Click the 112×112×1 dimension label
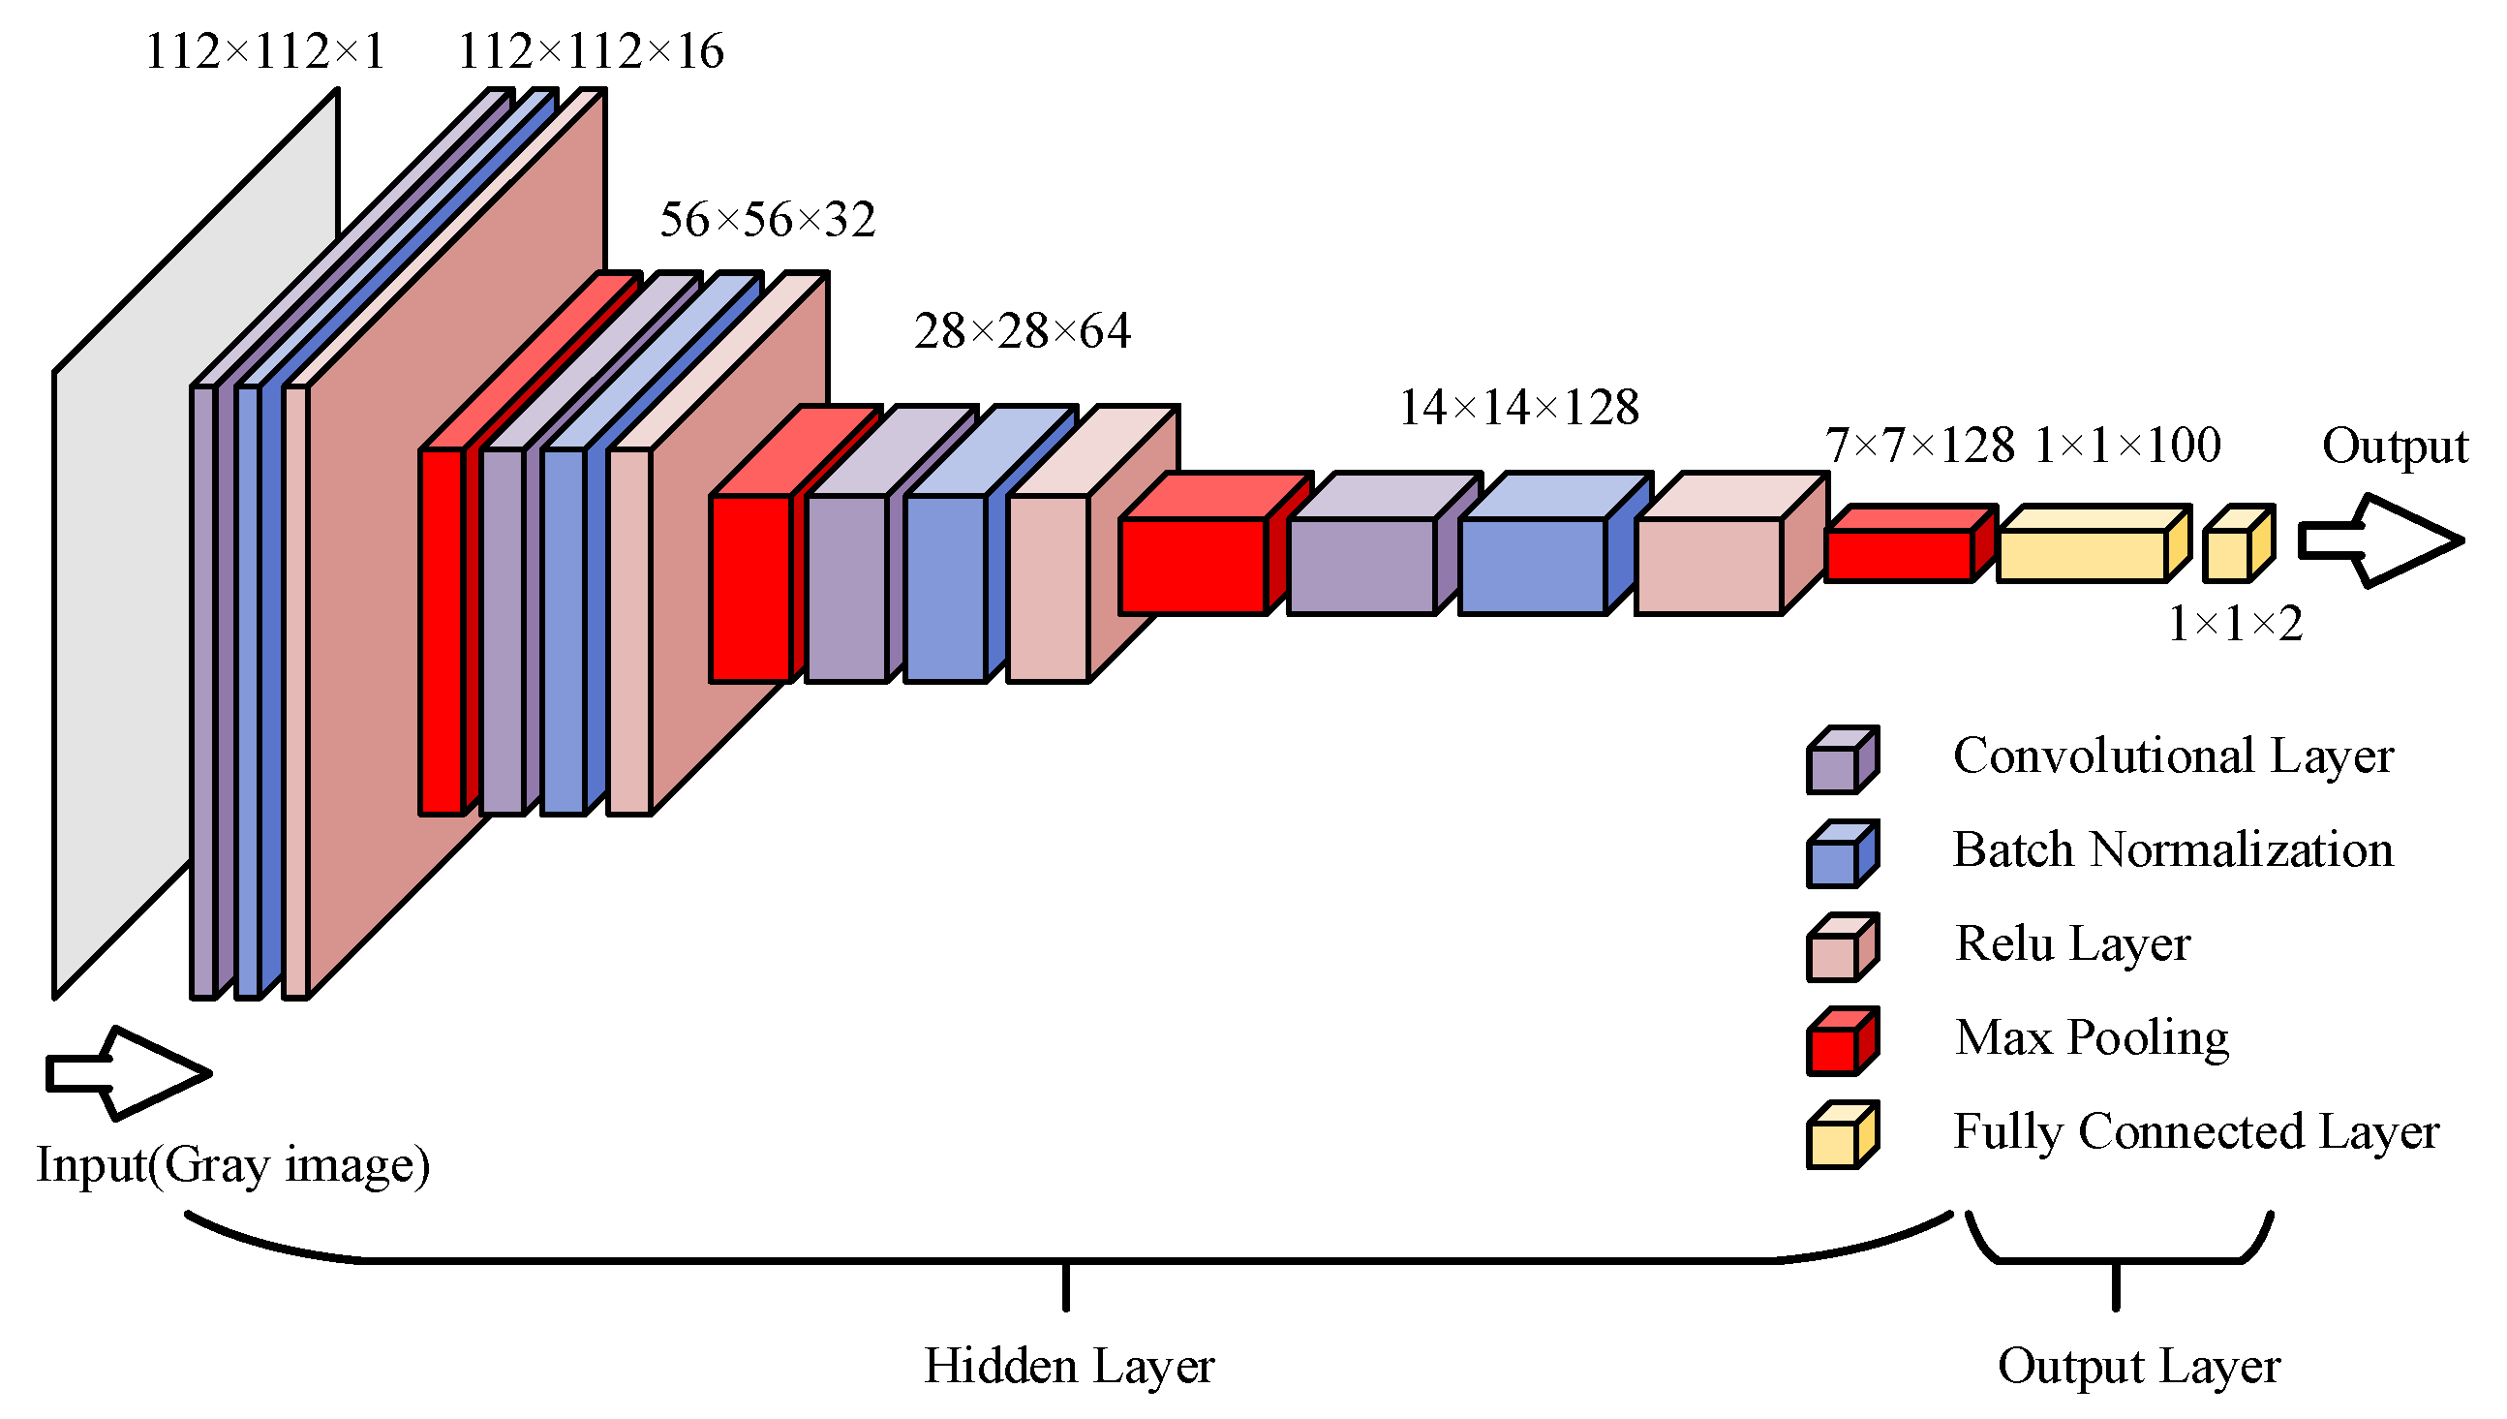pyautogui.click(x=265, y=51)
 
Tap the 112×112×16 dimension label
pyautogui.click(x=591, y=51)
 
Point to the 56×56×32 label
pyautogui.click(x=768, y=220)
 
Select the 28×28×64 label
pyautogui.click(x=1023, y=331)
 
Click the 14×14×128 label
pyautogui.click(x=1519, y=408)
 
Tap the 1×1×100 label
pyautogui.click(x=2128, y=446)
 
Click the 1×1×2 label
pyautogui.click(x=2235, y=624)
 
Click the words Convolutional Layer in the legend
pyautogui.click(x=2173, y=756)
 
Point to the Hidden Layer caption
pyautogui.click(x=1069, y=1367)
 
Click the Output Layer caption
pyautogui.click(x=2139, y=1367)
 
